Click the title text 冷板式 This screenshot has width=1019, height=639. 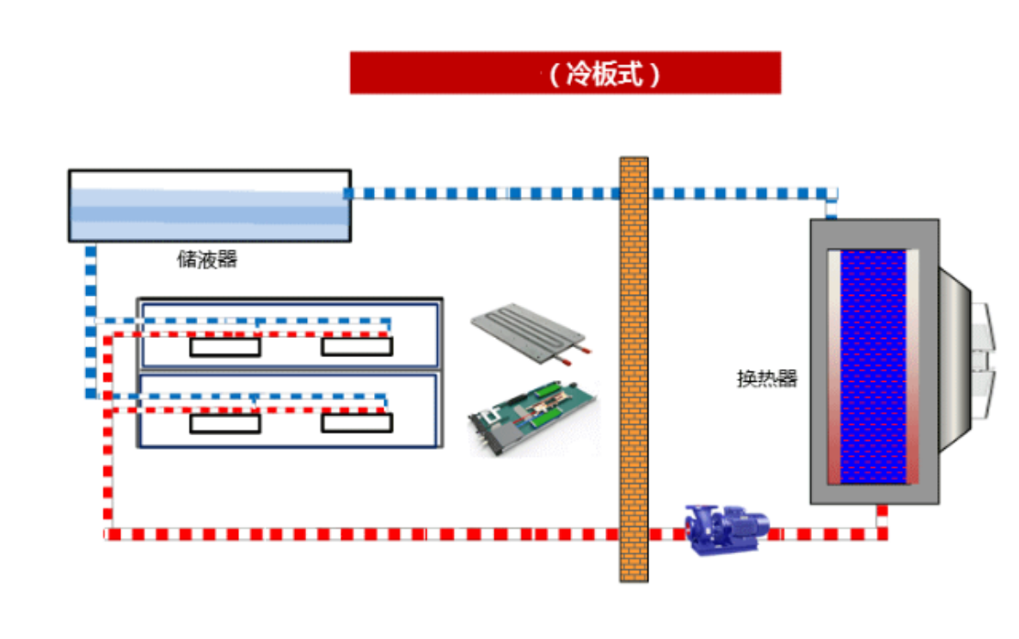coord(605,74)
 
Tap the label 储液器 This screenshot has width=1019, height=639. coord(207,259)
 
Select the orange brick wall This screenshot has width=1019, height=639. coord(634,370)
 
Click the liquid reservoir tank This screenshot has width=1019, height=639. coord(209,206)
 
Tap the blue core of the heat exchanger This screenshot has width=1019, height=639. coord(872,366)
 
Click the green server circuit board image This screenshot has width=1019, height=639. coord(533,418)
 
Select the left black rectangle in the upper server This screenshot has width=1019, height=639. coord(224,347)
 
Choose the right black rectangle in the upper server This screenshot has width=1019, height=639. coord(357,347)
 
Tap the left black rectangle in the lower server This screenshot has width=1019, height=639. coord(224,423)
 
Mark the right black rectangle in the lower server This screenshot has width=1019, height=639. coord(357,423)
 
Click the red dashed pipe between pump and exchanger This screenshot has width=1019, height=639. coord(826,534)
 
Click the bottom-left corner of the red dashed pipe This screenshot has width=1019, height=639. coord(108,534)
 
